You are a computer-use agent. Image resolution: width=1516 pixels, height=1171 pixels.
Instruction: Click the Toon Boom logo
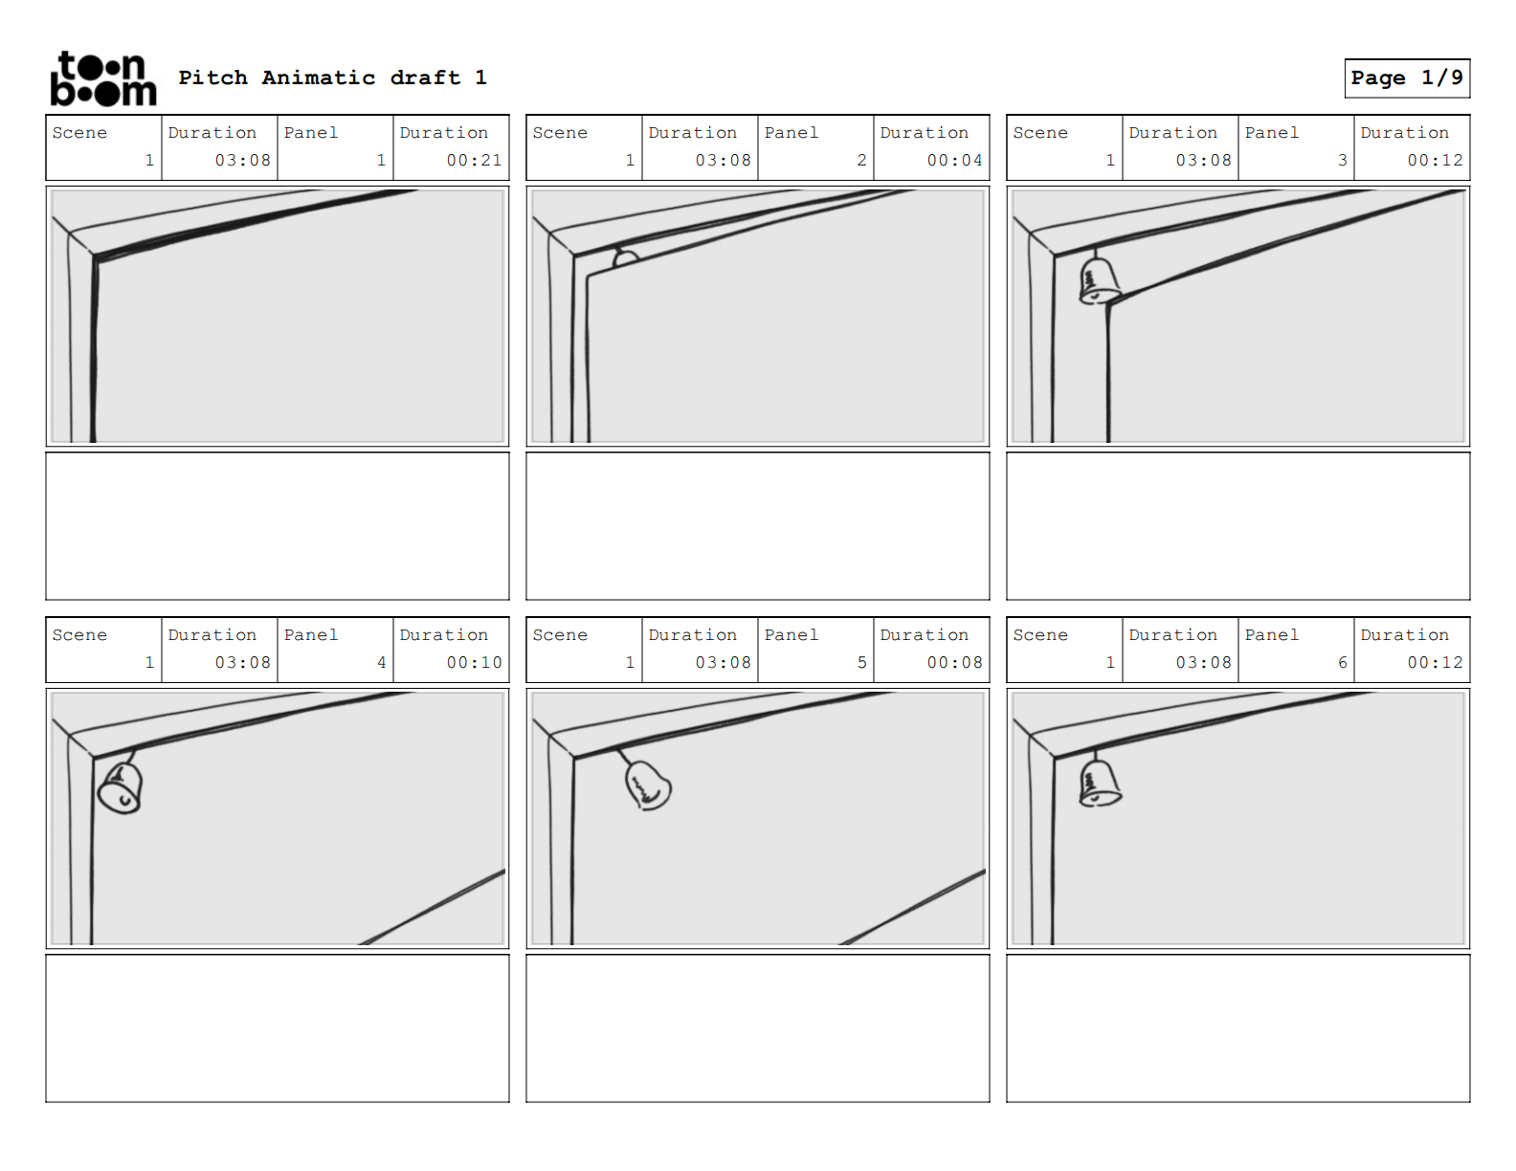point(102,78)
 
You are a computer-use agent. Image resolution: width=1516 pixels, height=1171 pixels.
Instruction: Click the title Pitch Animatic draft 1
point(332,77)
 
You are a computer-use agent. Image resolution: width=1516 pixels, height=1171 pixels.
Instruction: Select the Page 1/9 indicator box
point(1406,77)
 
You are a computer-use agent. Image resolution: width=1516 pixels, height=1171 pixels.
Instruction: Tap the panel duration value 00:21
point(474,161)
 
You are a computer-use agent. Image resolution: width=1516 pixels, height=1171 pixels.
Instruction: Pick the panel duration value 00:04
point(954,161)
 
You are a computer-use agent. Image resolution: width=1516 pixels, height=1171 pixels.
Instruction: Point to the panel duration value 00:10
point(474,663)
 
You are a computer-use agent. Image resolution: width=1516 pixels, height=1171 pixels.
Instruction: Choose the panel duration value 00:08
point(954,663)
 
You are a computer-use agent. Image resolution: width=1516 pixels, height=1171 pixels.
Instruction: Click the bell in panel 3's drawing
point(1099,280)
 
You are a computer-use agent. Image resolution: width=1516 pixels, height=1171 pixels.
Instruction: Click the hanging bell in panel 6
point(1099,783)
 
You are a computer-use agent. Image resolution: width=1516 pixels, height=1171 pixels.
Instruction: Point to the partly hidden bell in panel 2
point(625,258)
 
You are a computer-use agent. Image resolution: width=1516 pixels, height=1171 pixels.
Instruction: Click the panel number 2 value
point(861,161)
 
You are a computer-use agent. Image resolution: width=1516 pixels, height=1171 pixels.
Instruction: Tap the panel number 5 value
point(861,663)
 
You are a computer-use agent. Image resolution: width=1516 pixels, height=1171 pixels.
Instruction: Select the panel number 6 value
point(1342,663)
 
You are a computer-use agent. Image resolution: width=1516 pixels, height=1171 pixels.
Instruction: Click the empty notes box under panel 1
point(278,526)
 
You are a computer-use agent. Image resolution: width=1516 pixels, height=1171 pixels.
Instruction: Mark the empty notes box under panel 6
point(1237,1028)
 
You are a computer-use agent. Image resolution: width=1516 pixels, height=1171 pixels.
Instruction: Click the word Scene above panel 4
point(79,635)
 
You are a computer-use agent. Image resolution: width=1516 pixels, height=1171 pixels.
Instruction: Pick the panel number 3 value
point(1342,161)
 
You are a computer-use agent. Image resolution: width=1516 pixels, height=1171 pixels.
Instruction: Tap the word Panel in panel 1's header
point(311,133)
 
